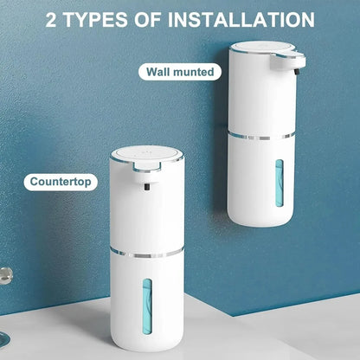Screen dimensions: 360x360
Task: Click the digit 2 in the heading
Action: click(x=53, y=19)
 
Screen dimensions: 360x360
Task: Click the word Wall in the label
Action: click(x=161, y=72)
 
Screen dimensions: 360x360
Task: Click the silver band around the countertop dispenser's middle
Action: click(x=147, y=252)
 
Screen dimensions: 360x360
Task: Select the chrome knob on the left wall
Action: click(x=5, y=276)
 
